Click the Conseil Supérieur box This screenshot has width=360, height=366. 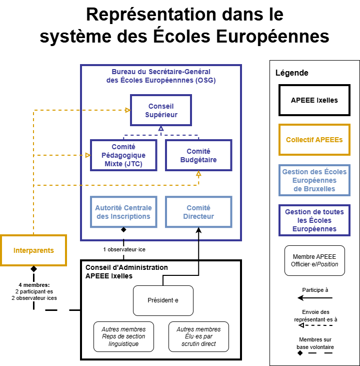pyautogui.click(x=161, y=111)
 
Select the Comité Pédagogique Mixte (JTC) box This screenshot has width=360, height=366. pyautogui.click(x=123, y=155)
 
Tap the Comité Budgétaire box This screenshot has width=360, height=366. pyautogui.click(x=198, y=155)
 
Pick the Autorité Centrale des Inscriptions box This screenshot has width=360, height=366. pyautogui.click(x=123, y=212)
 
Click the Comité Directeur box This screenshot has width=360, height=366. pyautogui.click(x=198, y=212)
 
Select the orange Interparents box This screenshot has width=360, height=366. pyautogui.click(x=33, y=250)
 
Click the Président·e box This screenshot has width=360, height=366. pyautogui.click(x=163, y=300)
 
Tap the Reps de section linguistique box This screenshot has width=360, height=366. pyautogui.click(x=123, y=336)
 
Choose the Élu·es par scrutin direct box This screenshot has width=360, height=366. pyautogui.click(x=198, y=336)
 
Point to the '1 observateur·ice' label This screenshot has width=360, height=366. pyautogui.click(x=124, y=249)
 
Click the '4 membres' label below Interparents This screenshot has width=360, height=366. pyautogui.click(x=34, y=291)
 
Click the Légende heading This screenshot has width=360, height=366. pyautogui.click(x=292, y=73)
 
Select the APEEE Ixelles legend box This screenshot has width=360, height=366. pyautogui.click(x=314, y=100)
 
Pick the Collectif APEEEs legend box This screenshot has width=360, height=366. pyautogui.click(x=314, y=140)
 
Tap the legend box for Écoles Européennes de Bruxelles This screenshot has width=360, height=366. pyautogui.click(x=314, y=180)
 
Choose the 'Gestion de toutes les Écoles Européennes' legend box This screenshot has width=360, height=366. pyautogui.click(x=314, y=220)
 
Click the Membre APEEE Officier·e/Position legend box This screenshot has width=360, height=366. pyautogui.click(x=314, y=260)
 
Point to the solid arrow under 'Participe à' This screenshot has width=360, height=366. pyautogui.click(x=314, y=298)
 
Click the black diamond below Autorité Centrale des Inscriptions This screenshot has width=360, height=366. pyautogui.click(x=123, y=230)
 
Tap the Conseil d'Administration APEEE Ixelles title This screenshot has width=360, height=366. pyautogui.click(x=126, y=271)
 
